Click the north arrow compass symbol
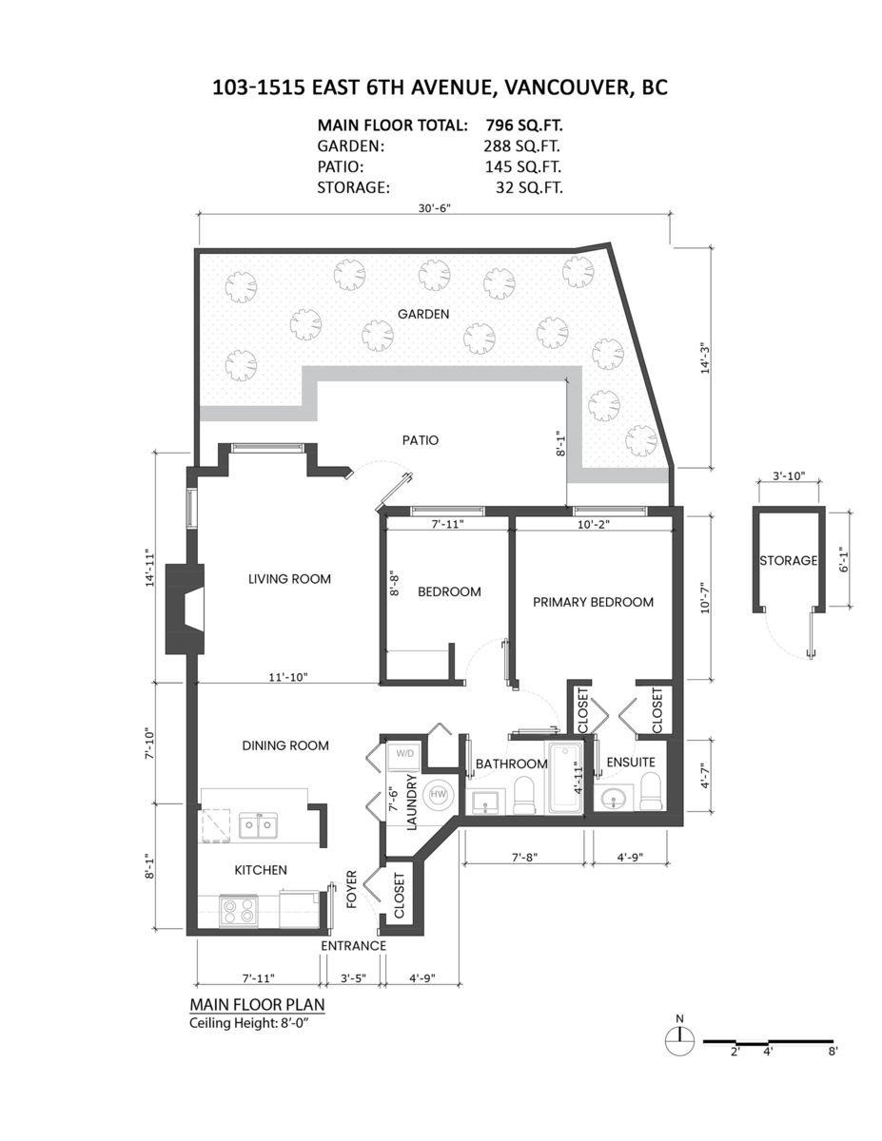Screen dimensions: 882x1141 click(x=679, y=1041)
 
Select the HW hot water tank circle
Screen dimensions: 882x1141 click(x=438, y=795)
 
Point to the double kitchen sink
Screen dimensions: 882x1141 click(x=258, y=825)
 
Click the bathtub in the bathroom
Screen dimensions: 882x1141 click(x=565, y=777)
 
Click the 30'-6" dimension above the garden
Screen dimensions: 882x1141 click(x=435, y=208)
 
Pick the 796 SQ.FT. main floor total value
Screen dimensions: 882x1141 click(x=523, y=126)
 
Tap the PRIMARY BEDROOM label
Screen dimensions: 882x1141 click(x=593, y=602)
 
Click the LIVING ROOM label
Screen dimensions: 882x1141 click(x=289, y=579)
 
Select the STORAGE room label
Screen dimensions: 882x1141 click(x=788, y=561)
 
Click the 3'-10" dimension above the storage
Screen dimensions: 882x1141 click(x=789, y=475)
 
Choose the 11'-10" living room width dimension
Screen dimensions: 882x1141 click(x=288, y=677)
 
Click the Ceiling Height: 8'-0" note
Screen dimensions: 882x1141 click(x=248, y=1023)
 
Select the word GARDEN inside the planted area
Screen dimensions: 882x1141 click(x=423, y=314)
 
